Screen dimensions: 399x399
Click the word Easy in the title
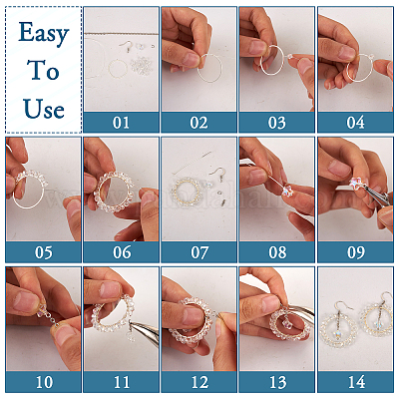(44, 33)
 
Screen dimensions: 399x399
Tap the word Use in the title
(44, 109)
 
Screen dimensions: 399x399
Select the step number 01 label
(121, 123)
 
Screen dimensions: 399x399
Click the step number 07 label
(199, 252)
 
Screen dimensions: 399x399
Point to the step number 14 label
(356, 382)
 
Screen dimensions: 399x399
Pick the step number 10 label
(44, 382)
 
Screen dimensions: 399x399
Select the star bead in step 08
(285, 191)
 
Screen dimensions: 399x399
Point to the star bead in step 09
(355, 182)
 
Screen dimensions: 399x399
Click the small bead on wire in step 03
(290, 57)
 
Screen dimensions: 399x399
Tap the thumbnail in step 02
(191, 60)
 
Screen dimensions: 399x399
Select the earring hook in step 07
(216, 173)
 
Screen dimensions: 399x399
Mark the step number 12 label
(199, 382)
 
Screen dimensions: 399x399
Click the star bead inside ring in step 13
(286, 323)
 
